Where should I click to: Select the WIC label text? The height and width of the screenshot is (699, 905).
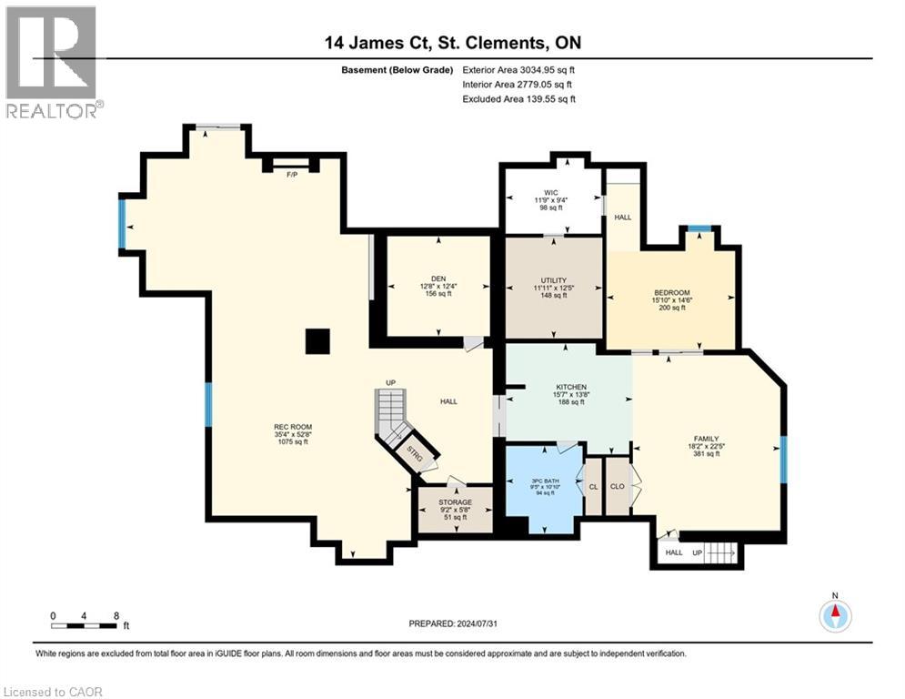click(x=550, y=193)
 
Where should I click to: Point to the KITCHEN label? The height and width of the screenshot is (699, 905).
click(x=571, y=387)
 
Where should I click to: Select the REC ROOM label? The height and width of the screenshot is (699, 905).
click(x=293, y=426)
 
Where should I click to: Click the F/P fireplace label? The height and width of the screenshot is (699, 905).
click(x=292, y=174)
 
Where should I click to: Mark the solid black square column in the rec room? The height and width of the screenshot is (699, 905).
click(x=317, y=341)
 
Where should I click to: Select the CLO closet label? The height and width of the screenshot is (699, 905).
click(x=618, y=487)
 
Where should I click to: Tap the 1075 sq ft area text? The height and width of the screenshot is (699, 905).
click(x=293, y=442)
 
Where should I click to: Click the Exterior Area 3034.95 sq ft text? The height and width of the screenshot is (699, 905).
click(x=518, y=69)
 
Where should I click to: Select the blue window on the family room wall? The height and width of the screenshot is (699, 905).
click(x=784, y=460)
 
